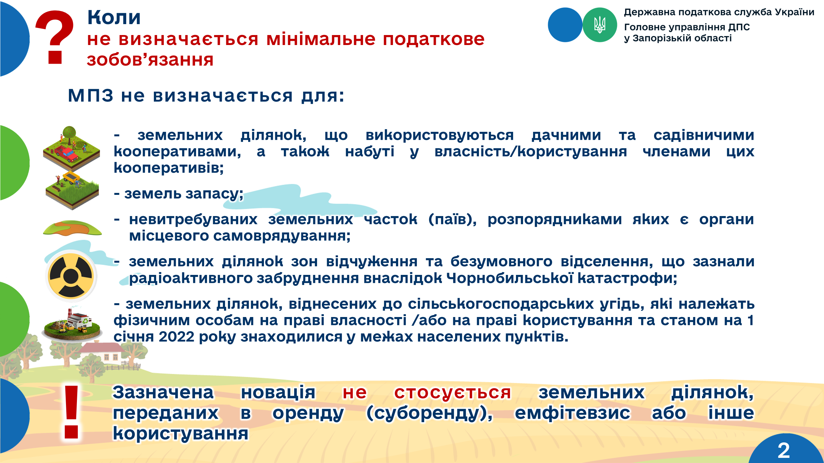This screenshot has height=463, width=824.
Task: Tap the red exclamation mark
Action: pos(71,412)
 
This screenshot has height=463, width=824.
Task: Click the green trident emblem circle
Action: pos(600,25)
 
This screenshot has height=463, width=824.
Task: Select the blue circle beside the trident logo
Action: pos(565,25)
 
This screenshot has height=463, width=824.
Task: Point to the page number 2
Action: pos(783,450)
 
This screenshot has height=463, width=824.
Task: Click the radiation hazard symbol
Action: pos(71,276)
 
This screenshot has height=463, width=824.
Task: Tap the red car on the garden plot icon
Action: pos(67,154)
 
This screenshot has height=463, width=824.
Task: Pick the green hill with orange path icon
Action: pos(72,228)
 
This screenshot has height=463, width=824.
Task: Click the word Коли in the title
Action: pos(114,17)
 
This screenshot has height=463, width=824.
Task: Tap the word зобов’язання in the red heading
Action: pos(150,60)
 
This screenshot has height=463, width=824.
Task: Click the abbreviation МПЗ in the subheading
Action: pos(90,95)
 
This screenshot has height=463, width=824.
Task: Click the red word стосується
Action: pos(453,393)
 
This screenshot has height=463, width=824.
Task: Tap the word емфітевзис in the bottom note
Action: pos(572,413)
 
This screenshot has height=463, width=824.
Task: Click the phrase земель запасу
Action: pos(183,194)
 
